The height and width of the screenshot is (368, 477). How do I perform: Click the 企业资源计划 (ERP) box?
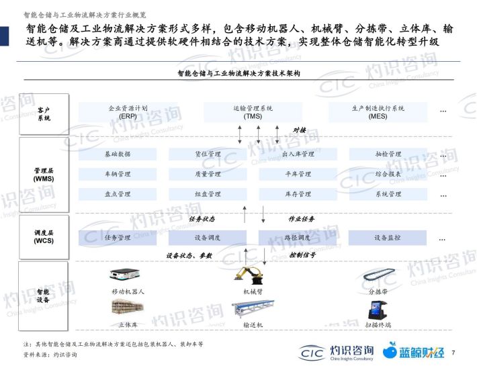click(128, 112)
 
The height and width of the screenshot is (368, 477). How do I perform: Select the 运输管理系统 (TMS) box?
click(253, 112)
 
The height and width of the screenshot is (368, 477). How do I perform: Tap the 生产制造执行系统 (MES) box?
click(378, 112)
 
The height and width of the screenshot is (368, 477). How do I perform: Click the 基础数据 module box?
click(118, 154)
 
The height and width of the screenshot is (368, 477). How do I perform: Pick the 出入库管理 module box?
click(298, 154)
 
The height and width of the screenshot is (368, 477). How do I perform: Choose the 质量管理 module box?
click(208, 174)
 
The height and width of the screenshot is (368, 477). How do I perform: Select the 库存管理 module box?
click(298, 194)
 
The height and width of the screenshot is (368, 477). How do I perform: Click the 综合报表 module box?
click(388, 174)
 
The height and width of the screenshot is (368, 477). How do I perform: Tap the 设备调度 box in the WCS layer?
click(208, 238)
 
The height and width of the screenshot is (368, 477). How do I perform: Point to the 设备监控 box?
click(387, 238)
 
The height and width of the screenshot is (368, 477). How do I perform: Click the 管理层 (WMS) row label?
click(44, 175)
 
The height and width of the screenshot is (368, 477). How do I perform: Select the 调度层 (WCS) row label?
click(44, 236)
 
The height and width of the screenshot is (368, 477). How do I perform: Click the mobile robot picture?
click(125, 274)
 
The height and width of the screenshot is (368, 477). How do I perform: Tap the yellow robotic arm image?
click(249, 275)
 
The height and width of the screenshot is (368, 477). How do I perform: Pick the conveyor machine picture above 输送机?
click(253, 309)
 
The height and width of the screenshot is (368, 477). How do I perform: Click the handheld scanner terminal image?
click(377, 310)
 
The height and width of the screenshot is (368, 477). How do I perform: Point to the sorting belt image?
click(379, 275)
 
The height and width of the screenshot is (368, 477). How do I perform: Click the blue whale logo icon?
click(390, 351)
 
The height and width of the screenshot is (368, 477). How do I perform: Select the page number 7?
click(453, 353)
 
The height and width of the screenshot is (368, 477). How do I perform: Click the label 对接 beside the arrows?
click(300, 130)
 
